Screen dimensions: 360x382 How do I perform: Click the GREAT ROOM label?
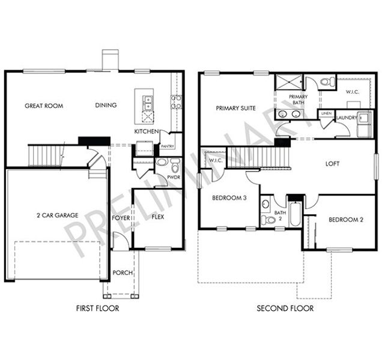(44, 106)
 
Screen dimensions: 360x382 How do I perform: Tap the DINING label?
(106, 106)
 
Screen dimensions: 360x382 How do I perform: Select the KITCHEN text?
(146, 131)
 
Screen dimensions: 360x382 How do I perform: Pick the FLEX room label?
(158, 217)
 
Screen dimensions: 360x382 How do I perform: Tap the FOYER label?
(121, 218)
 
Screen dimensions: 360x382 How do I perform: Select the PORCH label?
(123, 273)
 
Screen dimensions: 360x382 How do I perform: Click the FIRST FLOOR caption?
(97, 308)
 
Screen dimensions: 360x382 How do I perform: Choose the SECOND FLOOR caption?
(285, 308)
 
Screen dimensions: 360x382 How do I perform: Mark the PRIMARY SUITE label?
(236, 109)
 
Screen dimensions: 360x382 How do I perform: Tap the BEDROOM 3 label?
(229, 198)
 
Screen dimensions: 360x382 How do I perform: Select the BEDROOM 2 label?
(345, 220)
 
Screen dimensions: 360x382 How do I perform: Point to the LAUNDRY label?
(347, 118)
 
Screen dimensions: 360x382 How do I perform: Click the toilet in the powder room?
(175, 165)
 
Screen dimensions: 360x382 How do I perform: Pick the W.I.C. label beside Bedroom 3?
(213, 160)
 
